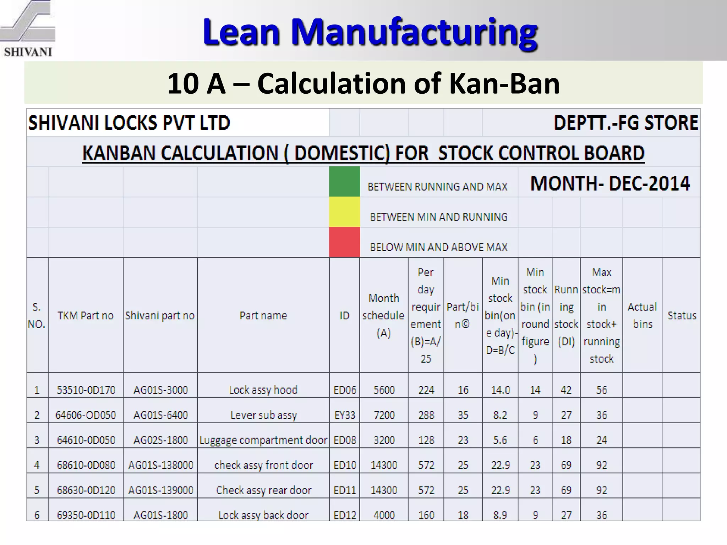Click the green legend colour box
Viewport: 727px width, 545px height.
click(x=344, y=182)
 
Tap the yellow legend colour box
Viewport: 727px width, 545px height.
click(x=344, y=212)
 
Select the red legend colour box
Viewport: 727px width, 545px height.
click(x=344, y=242)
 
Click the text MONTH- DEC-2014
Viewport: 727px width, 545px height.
click(x=610, y=183)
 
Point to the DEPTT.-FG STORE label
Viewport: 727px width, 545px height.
click(x=626, y=123)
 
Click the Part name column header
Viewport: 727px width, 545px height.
click(x=263, y=315)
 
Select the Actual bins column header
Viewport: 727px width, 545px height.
click(x=642, y=315)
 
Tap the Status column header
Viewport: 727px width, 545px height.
click(x=682, y=315)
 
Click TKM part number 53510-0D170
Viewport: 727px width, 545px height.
click(x=86, y=390)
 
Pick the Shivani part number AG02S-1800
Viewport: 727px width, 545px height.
click(x=160, y=440)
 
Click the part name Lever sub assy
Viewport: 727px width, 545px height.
click(x=263, y=415)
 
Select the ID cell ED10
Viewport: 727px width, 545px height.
click(x=344, y=465)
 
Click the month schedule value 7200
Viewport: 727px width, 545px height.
click(x=384, y=415)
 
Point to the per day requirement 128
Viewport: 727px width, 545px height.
click(x=426, y=440)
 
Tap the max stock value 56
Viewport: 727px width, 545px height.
click(x=601, y=390)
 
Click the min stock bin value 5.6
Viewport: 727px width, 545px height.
click(x=500, y=440)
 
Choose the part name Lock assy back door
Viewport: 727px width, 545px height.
click(x=263, y=515)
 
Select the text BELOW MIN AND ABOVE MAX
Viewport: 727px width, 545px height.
click(x=438, y=247)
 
